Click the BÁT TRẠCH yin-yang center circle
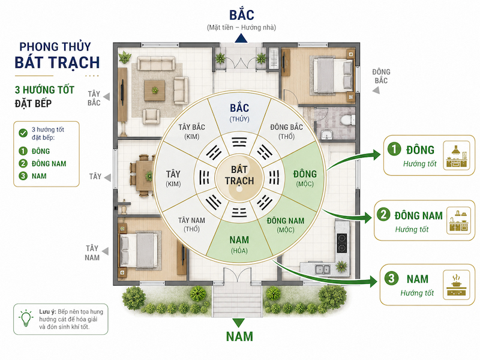pyautogui.click(x=239, y=178)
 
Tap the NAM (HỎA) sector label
pyautogui.click(x=239, y=244)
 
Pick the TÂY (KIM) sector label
pyautogui.click(x=173, y=178)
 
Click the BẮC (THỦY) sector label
pyautogui.click(x=239, y=112)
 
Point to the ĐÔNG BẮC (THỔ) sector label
pyautogui.click(x=286, y=131)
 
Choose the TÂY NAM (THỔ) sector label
pyautogui.click(x=191, y=224)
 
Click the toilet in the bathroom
pyautogui.click(x=349, y=119)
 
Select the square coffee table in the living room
pyautogui.click(x=155, y=91)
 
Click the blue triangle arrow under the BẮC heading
pyautogui.click(x=241, y=38)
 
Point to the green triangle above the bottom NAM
pyautogui.click(x=239, y=322)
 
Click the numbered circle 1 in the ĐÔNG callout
pyautogui.click(x=394, y=149)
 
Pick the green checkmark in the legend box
pyautogui.click(x=23, y=133)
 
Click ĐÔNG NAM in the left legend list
pyautogui.click(x=49, y=164)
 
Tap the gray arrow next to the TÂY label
pyautogui.click(x=107, y=177)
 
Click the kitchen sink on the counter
pyautogui.click(x=322, y=269)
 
